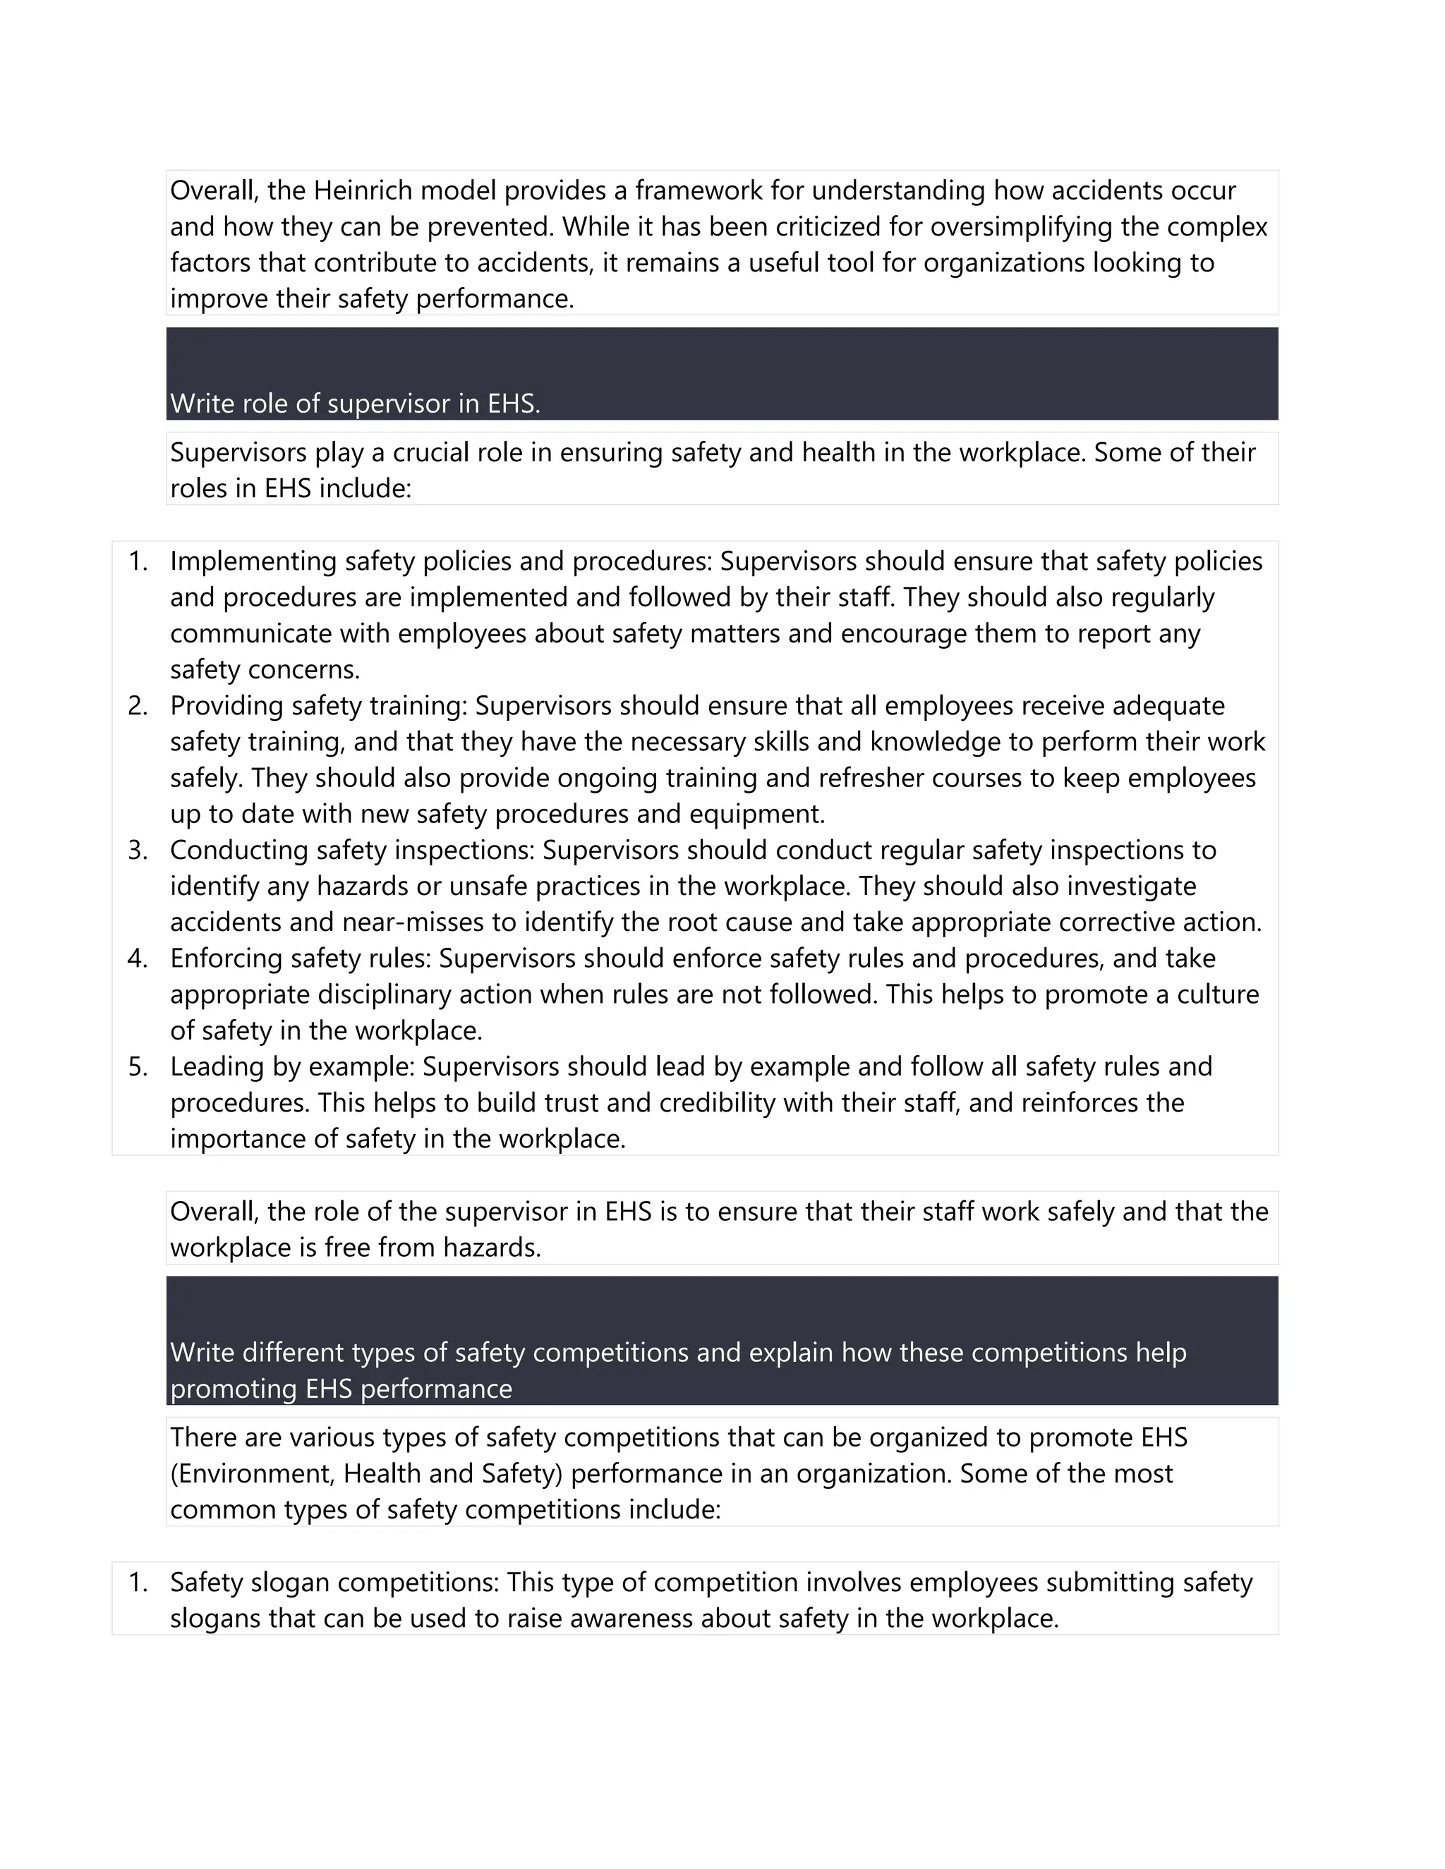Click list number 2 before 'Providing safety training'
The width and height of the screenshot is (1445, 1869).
[x=138, y=706]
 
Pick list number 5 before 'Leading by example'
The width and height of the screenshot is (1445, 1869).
[x=138, y=1067]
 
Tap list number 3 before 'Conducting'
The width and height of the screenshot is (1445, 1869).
[x=138, y=851]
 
